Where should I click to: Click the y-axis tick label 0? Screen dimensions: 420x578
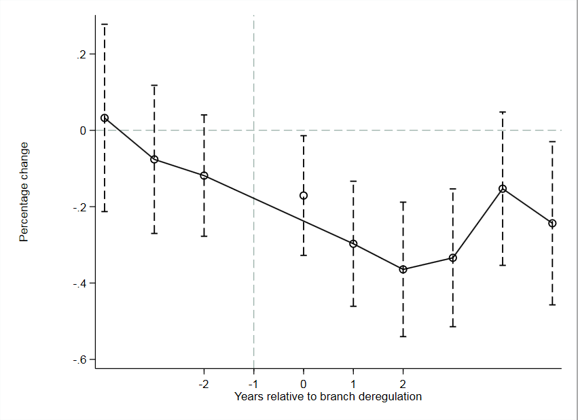pyautogui.click(x=84, y=130)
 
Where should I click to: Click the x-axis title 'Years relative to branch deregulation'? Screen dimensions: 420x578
pyautogui.click(x=328, y=396)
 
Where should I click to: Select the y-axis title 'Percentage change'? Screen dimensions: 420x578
pyautogui.click(x=24, y=192)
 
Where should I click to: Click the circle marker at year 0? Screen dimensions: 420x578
pyautogui.click(x=304, y=196)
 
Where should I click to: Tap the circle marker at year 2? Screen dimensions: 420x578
pyautogui.click(x=403, y=269)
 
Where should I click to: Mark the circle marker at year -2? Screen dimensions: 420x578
pyautogui.click(x=204, y=175)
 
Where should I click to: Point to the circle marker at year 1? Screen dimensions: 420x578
pyautogui.click(x=353, y=243)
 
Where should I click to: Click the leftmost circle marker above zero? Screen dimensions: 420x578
pyautogui.click(x=105, y=118)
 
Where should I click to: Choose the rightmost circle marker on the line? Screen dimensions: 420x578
pyautogui.click(x=552, y=223)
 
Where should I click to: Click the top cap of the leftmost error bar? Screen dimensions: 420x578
pyautogui.click(x=105, y=24)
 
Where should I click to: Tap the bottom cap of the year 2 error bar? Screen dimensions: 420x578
pyautogui.click(x=403, y=336)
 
